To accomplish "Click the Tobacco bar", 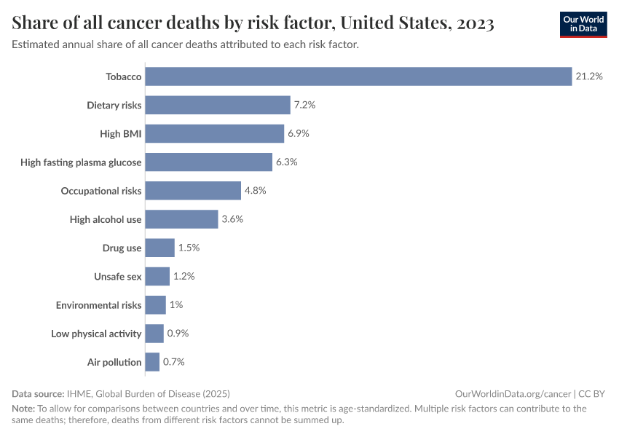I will (358, 76).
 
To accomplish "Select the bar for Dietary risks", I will (218, 105).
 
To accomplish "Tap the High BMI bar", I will (215, 133).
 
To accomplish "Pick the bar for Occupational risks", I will (193, 191).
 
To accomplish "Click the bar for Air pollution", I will (152, 362).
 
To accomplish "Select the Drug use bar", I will (160, 248).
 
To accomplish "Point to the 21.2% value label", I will (589, 76).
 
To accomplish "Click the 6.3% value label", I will (286, 162).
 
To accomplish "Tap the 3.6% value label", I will (232, 219).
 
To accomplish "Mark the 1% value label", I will (176, 305).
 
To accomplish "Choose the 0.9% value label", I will (178, 334).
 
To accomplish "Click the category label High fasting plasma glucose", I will (81, 162).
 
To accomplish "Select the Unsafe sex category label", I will (117, 277).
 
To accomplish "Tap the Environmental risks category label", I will (98, 305).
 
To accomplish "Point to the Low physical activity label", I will (96, 334).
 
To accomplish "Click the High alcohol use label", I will (106, 219).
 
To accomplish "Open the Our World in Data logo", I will (583, 24).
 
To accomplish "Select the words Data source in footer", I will (38, 393).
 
